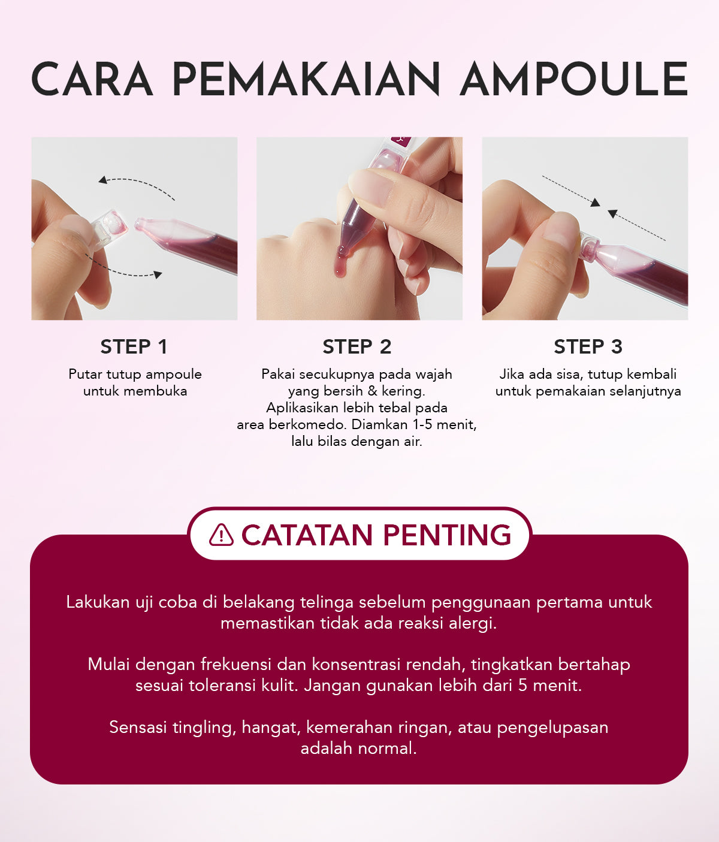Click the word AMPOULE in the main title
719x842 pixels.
pos(574,79)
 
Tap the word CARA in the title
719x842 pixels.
pos(92,79)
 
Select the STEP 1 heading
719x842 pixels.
pos(134,346)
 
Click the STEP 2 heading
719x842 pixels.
pos(357,346)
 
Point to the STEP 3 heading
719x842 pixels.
pos(588,346)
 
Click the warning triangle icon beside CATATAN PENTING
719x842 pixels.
pos(221,535)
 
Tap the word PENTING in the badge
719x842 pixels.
pos(446,535)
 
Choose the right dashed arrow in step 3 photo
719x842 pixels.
pos(636,226)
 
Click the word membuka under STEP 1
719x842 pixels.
pos(159,391)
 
